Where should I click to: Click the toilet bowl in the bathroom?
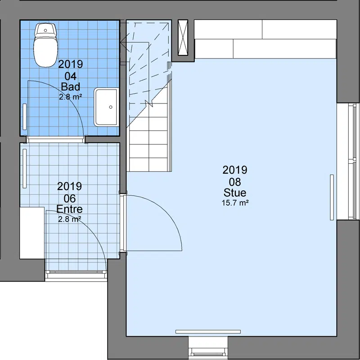[45, 52]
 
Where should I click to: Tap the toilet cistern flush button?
[45, 30]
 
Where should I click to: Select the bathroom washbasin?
[106, 107]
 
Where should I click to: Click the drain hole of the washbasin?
[111, 107]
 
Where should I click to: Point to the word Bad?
[71, 86]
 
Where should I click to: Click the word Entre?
[69, 209]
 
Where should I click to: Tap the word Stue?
[235, 193]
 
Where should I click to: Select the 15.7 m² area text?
[235, 203]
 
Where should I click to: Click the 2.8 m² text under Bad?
[71, 97]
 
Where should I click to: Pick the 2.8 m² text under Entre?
[70, 219]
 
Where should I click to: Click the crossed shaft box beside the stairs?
[183, 38]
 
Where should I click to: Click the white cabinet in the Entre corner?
[32, 233]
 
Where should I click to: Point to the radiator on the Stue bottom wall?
[208, 332]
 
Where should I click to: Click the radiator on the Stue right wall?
[332, 198]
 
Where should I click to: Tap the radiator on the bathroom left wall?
[25, 117]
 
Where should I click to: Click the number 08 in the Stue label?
[235, 182]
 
